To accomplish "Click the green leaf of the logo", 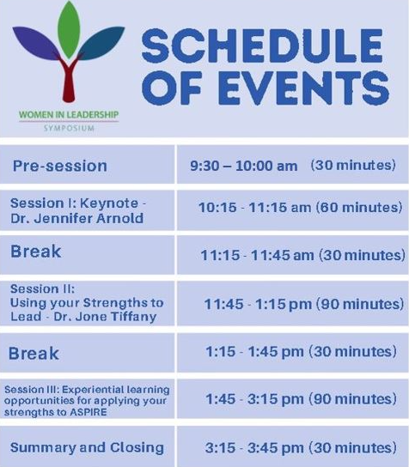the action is coord(69,29).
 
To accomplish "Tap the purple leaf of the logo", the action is coord(37,42).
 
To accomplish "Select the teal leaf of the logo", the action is coord(101,42).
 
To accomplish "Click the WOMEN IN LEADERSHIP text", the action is coord(69,115).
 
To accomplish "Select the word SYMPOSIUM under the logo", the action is coord(69,129).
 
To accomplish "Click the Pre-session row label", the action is coord(60,166).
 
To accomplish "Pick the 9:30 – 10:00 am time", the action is coord(244,166).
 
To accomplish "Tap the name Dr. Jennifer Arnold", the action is coord(76,218).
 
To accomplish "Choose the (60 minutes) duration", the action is coord(359,207).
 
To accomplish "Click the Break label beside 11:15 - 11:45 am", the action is coord(36,252).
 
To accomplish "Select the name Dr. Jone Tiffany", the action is coord(105,317).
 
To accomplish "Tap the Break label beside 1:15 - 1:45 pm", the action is coord(34,354).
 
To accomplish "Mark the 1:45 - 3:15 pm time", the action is coord(255,399).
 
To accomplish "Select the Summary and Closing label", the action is coord(87,447).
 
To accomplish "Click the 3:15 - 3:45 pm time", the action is coord(254,448).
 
